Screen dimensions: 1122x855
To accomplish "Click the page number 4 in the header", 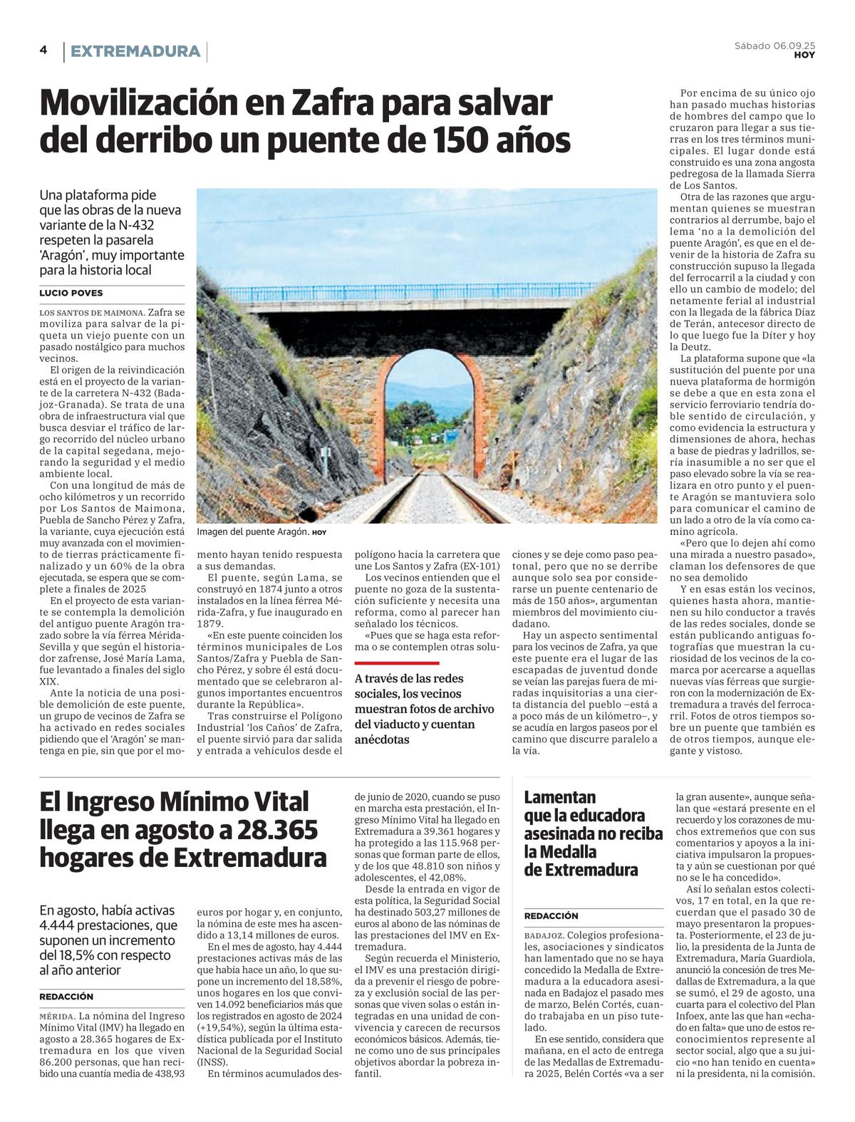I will click(43, 50).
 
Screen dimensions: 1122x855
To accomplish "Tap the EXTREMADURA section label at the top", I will click(135, 51).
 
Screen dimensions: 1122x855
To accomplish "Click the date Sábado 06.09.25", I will click(774, 46).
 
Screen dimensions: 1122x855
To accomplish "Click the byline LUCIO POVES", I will click(71, 293).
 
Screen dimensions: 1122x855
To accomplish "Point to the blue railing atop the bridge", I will click(427, 293).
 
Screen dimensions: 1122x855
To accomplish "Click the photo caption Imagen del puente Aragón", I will click(253, 532).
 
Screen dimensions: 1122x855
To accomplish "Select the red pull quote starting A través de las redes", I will click(425, 709).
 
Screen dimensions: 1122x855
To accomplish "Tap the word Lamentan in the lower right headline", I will click(560, 797).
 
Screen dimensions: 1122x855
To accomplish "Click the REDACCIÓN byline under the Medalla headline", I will click(551, 915).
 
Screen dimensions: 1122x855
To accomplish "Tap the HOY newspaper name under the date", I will click(804, 56).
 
